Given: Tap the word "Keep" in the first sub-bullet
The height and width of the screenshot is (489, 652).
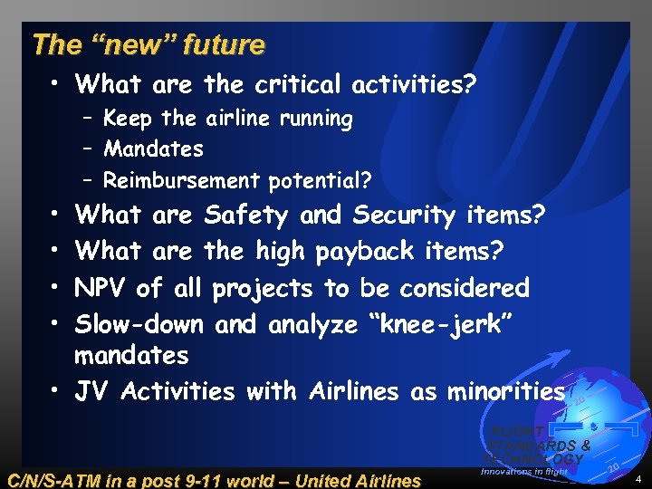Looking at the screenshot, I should click(x=129, y=119).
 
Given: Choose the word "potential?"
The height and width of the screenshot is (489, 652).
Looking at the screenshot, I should click(x=320, y=181).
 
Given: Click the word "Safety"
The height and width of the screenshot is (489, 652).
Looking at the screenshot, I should click(x=246, y=216).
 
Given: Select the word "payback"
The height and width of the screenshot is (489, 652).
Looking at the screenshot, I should click(x=372, y=251).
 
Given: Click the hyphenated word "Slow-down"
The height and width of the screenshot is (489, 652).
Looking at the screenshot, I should click(x=141, y=323).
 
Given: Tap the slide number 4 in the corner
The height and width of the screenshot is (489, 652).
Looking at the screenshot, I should click(x=638, y=478).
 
